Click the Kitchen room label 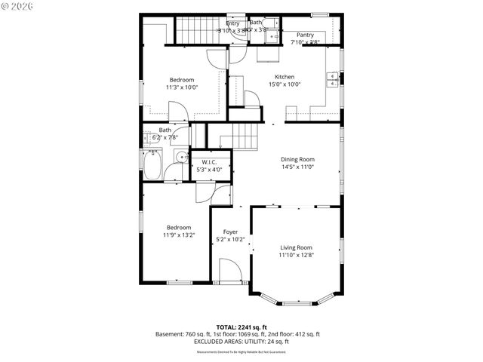285,77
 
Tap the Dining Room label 297,160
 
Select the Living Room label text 296,247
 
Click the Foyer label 230,232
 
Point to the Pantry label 305,35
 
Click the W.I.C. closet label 209,162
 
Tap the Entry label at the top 232,23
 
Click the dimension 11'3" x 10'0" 181,87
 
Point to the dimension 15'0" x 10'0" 285,84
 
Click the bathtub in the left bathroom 152,166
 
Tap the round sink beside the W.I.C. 180,157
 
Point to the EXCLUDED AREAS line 238,342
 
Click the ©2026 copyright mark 17,8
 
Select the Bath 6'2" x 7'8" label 164,134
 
